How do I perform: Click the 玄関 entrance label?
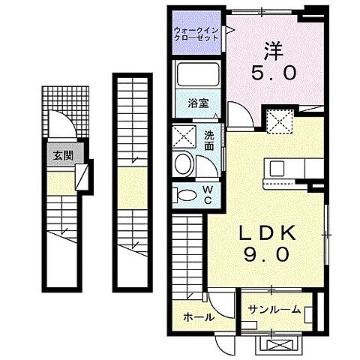(63, 156)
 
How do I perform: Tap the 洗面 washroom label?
(208, 140)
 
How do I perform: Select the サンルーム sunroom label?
(275, 309)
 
